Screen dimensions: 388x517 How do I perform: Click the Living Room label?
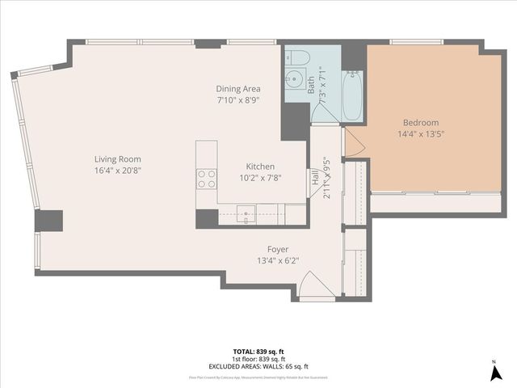click(x=117, y=159)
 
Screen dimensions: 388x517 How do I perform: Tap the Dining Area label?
click(x=237, y=89)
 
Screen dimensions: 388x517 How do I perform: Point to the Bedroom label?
click(x=421, y=123)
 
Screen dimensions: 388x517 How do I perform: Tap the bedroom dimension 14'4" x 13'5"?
click(x=421, y=135)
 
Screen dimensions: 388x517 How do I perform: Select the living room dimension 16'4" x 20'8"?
click(x=117, y=171)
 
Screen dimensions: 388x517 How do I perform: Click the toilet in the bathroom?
click(x=296, y=57)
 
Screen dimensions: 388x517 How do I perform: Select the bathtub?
click(x=352, y=95)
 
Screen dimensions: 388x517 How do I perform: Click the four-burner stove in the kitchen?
click(x=207, y=179)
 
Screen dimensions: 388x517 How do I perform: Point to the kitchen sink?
click(x=244, y=215)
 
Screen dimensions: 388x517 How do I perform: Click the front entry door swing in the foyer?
click(x=315, y=285)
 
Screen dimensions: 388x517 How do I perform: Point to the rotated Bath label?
click(x=311, y=85)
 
